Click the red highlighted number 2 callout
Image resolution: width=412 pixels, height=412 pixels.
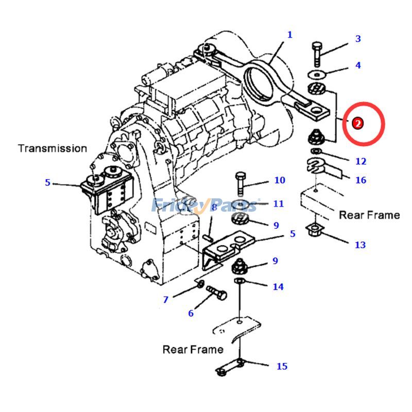[x=357, y=123]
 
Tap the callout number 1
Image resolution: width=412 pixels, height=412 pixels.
[x=290, y=35]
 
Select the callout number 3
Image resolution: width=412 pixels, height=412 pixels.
[x=358, y=39]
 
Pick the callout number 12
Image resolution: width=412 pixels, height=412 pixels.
[x=360, y=161]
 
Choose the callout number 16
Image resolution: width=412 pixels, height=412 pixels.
[x=360, y=180]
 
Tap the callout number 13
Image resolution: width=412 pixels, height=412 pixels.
[x=360, y=245]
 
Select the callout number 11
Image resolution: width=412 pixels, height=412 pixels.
[x=278, y=204]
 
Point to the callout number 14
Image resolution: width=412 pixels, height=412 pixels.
[x=278, y=286]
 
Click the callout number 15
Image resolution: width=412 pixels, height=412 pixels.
[x=282, y=367]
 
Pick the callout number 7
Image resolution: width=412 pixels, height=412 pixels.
[x=166, y=300]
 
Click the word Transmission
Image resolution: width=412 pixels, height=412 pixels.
[x=53, y=148]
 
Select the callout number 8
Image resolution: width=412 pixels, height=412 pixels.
[x=214, y=208]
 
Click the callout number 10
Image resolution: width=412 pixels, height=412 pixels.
[x=279, y=180]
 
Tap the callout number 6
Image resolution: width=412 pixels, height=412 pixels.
[x=191, y=313]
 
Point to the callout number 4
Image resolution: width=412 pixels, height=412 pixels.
[x=358, y=65]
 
